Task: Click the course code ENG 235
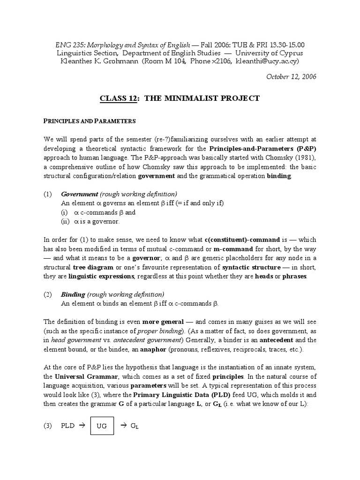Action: [x=68, y=45]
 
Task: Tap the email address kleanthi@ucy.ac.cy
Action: [x=267, y=61]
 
